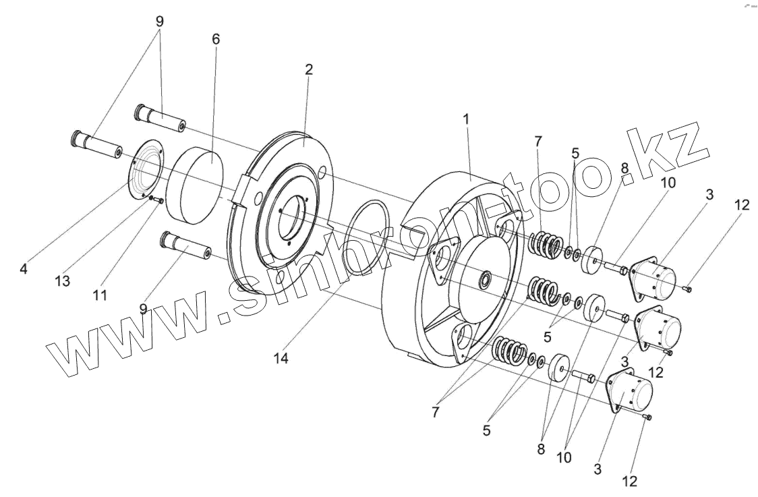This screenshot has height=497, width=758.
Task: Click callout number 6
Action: [216, 39]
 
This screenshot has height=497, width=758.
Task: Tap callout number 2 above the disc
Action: [308, 70]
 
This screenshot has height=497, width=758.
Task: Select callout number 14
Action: [281, 359]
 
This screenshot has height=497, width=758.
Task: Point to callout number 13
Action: [63, 281]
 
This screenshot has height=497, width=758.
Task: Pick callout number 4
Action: [24, 268]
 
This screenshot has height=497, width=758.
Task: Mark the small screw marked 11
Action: [160, 200]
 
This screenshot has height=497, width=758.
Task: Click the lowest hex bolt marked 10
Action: [583, 376]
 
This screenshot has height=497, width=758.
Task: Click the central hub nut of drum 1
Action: [485, 278]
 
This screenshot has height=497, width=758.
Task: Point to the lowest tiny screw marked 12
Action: [648, 418]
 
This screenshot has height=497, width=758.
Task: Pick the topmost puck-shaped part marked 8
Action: [591, 259]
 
